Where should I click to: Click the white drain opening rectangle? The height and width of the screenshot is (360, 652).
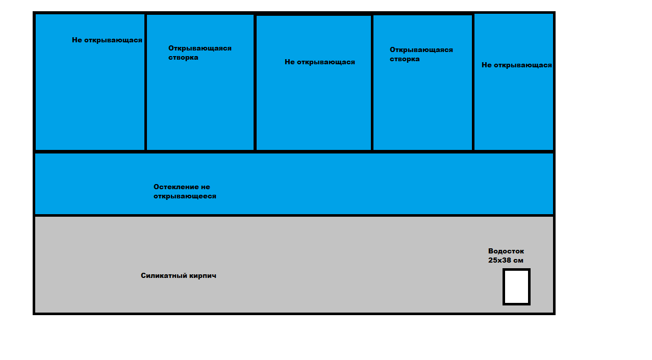point(516,287)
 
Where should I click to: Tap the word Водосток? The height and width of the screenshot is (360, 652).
point(506,251)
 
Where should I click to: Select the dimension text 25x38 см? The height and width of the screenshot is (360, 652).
point(506,260)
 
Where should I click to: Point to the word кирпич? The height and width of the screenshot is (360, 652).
point(203,275)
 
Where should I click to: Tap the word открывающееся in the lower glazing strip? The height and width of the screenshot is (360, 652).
point(185,196)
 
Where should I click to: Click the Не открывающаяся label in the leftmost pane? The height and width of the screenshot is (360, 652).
point(107,40)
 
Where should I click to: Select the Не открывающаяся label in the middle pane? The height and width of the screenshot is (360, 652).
point(319,62)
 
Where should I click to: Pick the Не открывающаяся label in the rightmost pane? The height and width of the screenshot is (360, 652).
point(516,65)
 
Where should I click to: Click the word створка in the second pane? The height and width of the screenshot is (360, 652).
point(183,57)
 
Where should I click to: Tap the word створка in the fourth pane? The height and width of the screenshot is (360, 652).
point(405,59)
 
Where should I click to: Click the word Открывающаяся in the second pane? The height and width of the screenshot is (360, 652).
point(199,48)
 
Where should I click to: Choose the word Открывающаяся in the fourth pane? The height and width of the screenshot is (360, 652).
point(421,50)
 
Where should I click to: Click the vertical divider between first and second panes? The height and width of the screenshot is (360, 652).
point(145,82)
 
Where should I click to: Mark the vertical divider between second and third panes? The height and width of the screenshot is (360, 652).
point(255,83)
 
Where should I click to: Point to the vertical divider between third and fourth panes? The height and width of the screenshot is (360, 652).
point(372,83)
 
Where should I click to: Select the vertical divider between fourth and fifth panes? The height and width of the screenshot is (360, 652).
point(473,83)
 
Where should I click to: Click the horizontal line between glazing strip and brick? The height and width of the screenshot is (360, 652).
point(294,215)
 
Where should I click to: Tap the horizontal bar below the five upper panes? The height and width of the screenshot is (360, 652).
point(294,151)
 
